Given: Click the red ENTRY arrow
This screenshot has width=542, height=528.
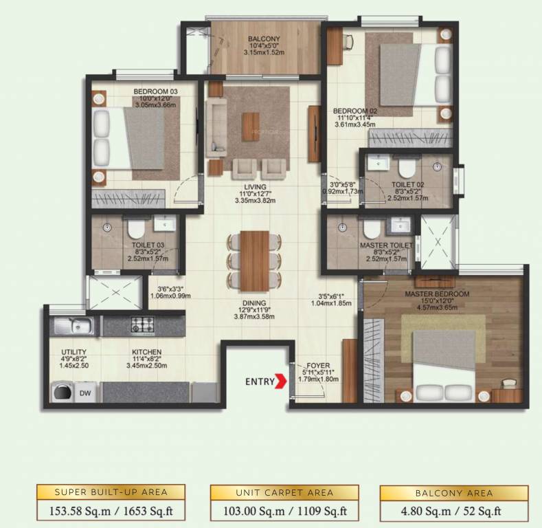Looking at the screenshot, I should [x=280, y=381].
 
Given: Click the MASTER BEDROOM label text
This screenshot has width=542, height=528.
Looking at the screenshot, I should [x=436, y=294].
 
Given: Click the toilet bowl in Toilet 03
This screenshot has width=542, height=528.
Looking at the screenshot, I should [x=133, y=227].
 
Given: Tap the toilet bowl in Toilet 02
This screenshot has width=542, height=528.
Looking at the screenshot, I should [x=407, y=166].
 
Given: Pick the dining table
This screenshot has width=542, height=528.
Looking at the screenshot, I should [x=255, y=260].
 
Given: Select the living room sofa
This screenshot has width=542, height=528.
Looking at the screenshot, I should [x=216, y=126].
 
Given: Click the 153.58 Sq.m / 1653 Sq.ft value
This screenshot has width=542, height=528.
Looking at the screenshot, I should [x=111, y=511].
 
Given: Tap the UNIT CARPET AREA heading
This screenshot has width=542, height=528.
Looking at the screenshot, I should [x=284, y=492].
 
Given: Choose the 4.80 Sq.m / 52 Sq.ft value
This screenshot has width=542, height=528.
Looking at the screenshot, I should [x=453, y=511].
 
